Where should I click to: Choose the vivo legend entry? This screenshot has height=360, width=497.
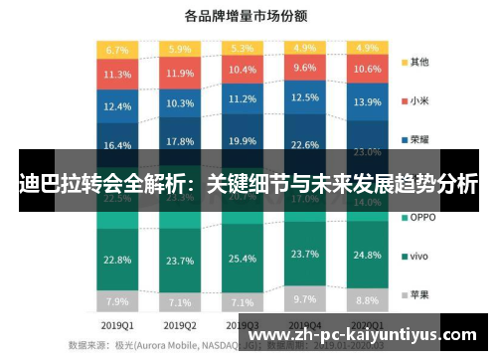(416, 256)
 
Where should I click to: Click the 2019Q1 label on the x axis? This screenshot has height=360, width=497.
(117, 324)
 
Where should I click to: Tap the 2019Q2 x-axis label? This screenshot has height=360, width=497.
(180, 324)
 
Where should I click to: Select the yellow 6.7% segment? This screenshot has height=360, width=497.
(117, 50)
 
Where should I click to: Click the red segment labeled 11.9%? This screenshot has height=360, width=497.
(180, 74)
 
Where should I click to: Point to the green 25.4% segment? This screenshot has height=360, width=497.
(242, 260)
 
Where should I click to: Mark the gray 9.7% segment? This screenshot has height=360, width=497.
(304, 298)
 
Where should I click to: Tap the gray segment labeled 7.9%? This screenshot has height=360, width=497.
(117, 301)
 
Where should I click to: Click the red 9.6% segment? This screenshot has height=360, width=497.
(304, 68)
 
